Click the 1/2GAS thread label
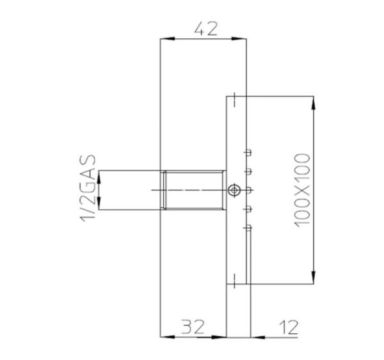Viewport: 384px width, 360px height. [x=88, y=189]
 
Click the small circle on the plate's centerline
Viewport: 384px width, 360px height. [x=234, y=190]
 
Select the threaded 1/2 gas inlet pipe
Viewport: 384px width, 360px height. [x=193, y=190]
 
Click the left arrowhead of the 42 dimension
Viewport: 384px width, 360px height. [x=164, y=40]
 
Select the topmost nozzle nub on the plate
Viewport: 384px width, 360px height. [x=248, y=152]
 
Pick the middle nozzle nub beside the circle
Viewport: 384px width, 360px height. [x=248, y=190]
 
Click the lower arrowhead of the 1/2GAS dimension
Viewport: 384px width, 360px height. [x=100, y=205]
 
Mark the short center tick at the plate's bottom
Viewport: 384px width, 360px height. [x=235, y=279]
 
